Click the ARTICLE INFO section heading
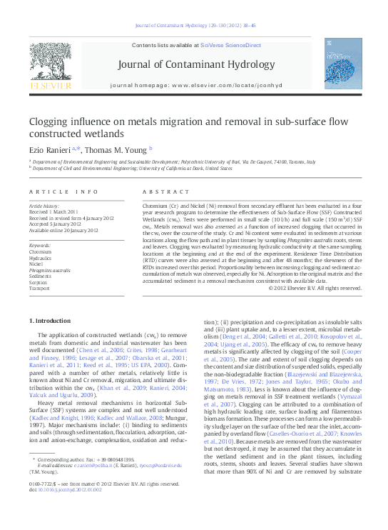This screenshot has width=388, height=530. point(63,192)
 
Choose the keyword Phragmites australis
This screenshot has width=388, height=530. point(49,271)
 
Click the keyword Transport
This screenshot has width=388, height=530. point(39,289)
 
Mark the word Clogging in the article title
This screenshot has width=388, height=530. point(52,122)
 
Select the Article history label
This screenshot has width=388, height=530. point(44,206)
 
